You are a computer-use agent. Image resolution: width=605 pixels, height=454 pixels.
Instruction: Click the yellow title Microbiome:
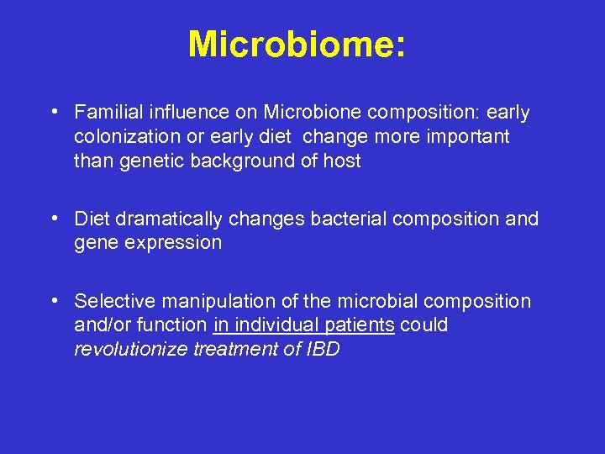click(x=297, y=45)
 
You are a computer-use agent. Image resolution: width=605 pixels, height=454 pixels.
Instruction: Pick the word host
click(x=342, y=161)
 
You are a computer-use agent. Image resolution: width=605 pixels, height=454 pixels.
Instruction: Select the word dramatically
click(x=169, y=219)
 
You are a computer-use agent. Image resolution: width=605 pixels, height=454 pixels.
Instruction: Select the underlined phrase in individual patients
click(x=304, y=325)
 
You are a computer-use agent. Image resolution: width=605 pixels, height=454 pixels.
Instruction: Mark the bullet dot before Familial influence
click(x=54, y=112)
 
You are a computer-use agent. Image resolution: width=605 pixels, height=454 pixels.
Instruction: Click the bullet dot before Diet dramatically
click(x=54, y=219)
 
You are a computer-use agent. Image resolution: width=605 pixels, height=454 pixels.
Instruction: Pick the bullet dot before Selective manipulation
click(x=54, y=300)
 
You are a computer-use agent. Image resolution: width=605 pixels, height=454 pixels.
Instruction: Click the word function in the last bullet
click(x=178, y=325)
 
